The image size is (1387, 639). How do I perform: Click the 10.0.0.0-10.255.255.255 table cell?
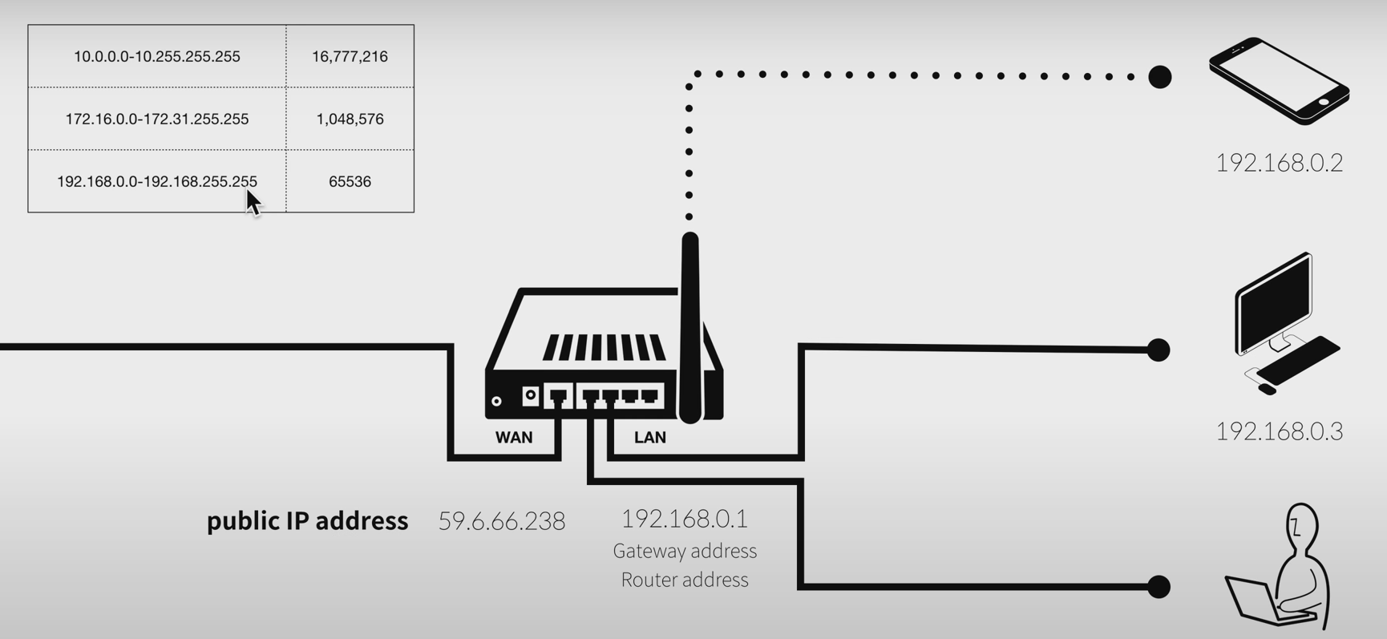pos(157,56)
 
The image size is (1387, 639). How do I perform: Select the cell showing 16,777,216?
pos(350,56)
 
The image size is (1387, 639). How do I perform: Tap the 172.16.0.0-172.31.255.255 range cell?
pos(157,119)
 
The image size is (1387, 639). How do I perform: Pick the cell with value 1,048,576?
pos(350,119)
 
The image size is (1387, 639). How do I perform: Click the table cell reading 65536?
pos(350,181)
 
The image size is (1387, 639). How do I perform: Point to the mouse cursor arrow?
pos(253,202)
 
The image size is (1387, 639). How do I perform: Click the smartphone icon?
pos(1279,80)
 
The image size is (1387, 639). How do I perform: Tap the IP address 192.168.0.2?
pos(1279,163)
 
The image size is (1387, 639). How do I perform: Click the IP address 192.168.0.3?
pos(1279,431)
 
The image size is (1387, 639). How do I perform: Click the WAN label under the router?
pos(514,438)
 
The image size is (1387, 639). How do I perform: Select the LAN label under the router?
pos(649,438)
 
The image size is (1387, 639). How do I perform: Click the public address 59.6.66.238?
pos(502,521)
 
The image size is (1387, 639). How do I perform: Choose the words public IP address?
pos(307,521)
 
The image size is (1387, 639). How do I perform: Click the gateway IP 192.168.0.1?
pos(685,519)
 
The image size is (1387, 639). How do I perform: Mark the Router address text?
pos(685,580)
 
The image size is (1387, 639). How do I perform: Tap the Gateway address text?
pos(685,551)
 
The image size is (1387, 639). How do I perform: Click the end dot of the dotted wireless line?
pos(1159,77)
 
